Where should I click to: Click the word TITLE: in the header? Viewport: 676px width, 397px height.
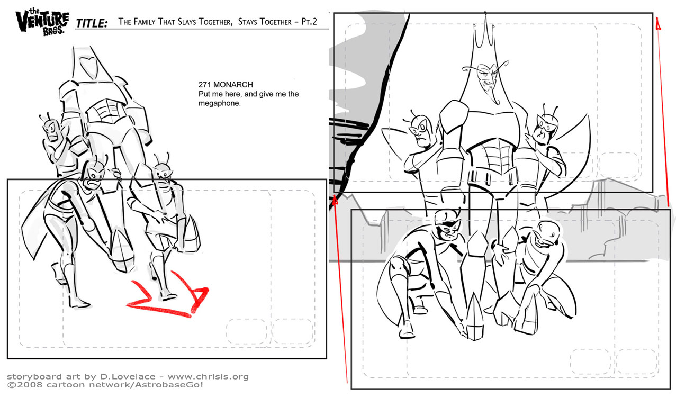point(92,23)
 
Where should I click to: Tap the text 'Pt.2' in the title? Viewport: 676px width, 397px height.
point(309,22)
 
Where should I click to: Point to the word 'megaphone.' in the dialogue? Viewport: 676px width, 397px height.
point(219,103)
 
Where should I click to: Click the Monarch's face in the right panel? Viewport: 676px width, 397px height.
point(486,82)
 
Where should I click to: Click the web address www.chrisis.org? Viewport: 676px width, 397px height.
point(208,377)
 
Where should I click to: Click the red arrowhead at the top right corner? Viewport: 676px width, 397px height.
point(658,23)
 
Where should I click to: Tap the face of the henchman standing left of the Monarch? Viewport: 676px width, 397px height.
point(421,131)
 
